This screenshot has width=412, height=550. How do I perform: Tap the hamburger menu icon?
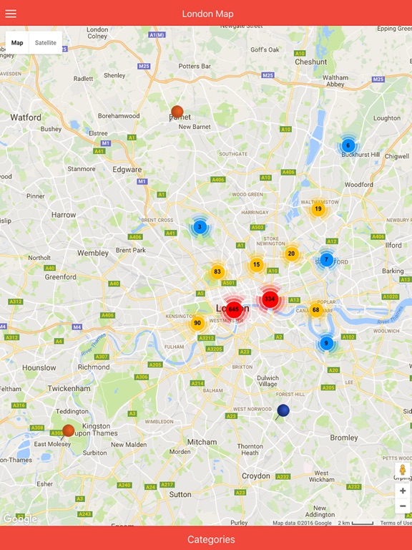(x=11, y=14)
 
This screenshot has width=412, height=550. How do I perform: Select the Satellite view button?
(x=46, y=43)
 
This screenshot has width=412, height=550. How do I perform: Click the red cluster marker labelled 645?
(x=233, y=309)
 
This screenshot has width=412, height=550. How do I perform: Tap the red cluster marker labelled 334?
(x=270, y=299)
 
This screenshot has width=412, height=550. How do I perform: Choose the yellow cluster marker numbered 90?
(x=197, y=324)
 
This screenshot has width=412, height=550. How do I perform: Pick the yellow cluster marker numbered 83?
(x=217, y=272)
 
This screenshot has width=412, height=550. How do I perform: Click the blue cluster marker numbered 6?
(x=348, y=145)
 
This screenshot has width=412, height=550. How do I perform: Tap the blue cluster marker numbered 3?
(x=200, y=227)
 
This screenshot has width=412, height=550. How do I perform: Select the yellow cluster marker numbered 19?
(x=318, y=209)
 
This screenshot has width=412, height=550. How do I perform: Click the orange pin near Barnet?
(x=177, y=112)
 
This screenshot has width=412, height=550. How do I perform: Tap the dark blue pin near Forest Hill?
(x=283, y=410)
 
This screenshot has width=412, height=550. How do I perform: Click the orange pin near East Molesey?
(x=68, y=430)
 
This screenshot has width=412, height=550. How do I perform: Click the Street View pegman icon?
(x=403, y=470)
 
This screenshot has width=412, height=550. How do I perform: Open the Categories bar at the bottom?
(x=206, y=539)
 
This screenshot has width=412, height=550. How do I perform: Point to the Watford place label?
(x=26, y=117)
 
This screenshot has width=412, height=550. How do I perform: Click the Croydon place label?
(x=256, y=476)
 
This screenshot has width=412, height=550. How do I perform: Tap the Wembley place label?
(x=93, y=253)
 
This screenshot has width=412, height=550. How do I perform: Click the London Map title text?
(x=207, y=14)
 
